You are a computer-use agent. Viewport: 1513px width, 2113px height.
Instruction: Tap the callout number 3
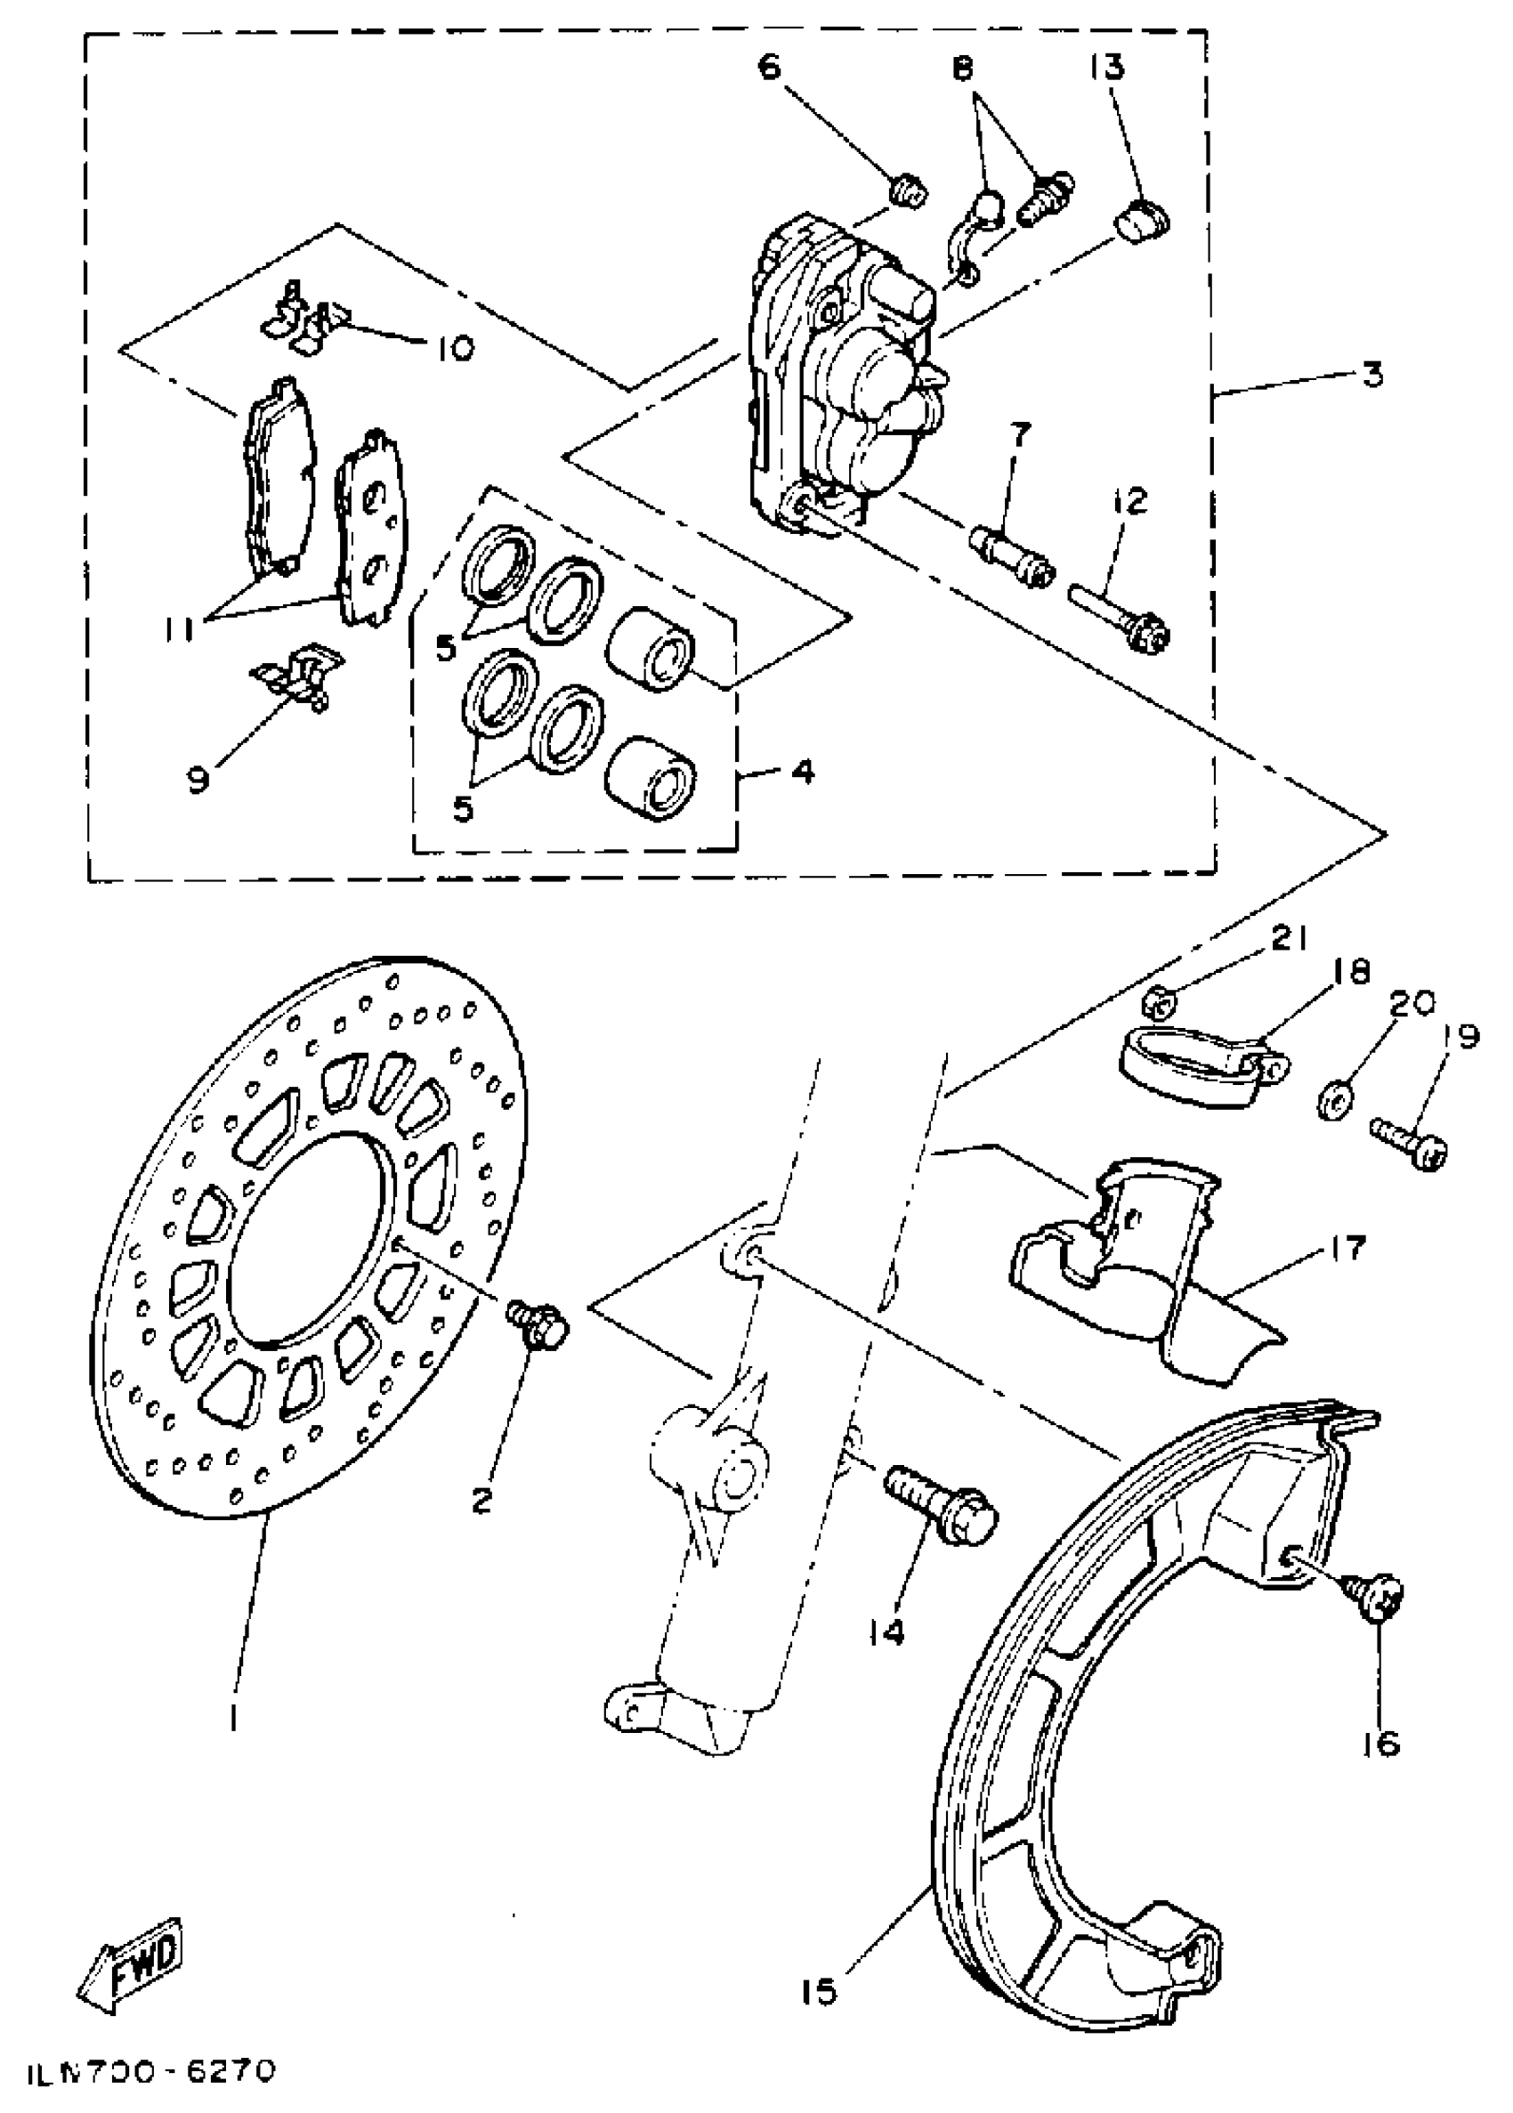tap(1371, 375)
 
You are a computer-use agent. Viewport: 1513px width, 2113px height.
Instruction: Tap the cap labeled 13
tap(1143, 222)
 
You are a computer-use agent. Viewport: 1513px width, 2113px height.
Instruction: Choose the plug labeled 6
tap(907, 193)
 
